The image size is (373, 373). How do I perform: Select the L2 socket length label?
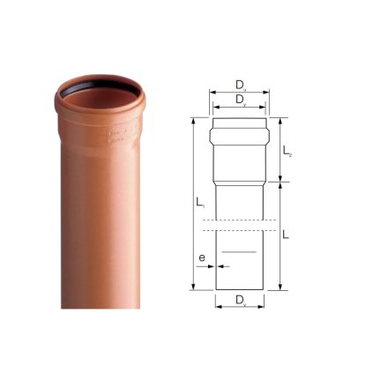(x=287, y=152)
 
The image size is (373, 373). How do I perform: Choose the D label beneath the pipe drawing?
(x=240, y=302)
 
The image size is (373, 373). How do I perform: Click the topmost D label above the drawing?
(x=240, y=85)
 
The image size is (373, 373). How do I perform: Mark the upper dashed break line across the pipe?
(x=240, y=219)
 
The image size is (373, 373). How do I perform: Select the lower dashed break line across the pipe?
(x=240, y=230)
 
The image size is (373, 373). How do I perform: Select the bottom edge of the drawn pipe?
(x=240, y=287)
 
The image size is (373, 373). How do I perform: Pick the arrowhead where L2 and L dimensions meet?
(x=280, y=183)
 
